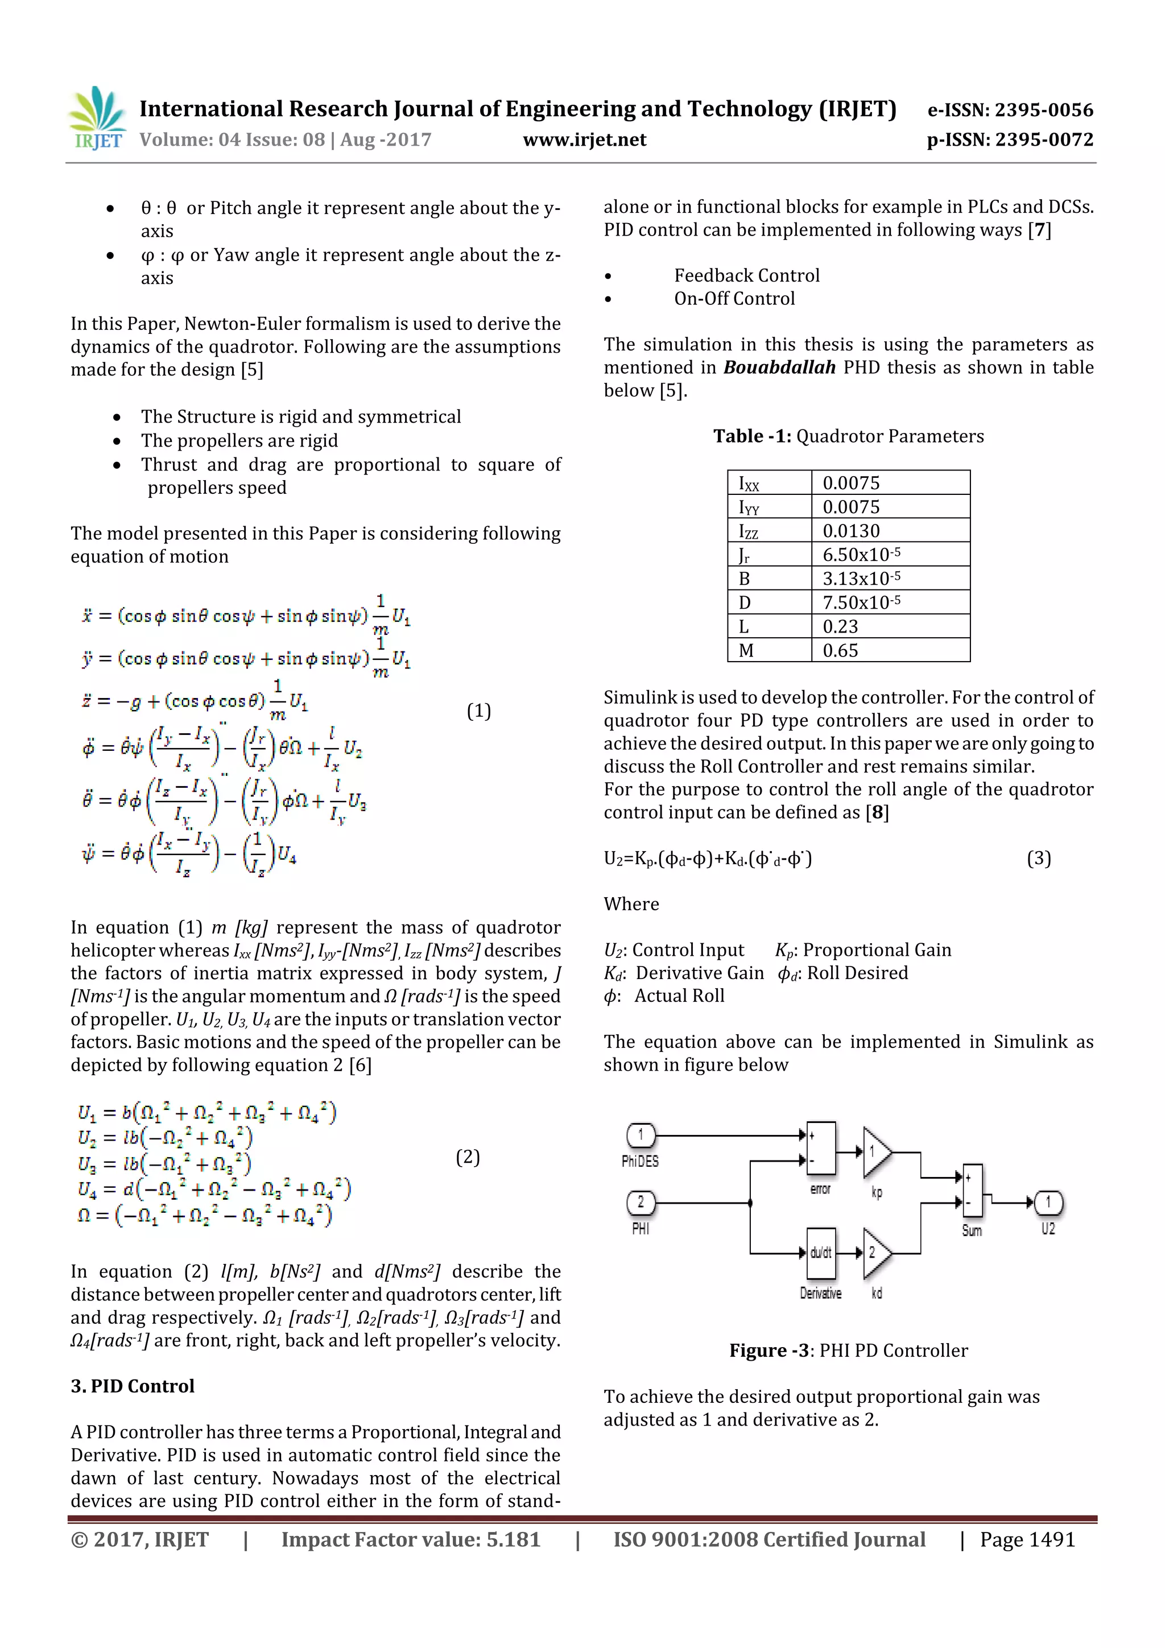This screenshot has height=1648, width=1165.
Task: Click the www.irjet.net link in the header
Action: [x=584, y=140]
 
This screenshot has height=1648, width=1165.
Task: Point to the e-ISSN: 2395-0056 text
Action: [x=1010, y=110]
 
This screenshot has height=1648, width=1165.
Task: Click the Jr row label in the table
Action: [x=745, y=555]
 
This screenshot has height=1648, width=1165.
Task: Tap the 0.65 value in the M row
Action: [x=841, y=650]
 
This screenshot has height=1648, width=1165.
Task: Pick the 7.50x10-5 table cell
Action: [x=861, y=602]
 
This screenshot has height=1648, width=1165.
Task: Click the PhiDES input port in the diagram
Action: [x=641, y=1135]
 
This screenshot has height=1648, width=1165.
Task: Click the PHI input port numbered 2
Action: [x=641, y=1202]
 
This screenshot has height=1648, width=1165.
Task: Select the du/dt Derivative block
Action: [x=820, y=1253]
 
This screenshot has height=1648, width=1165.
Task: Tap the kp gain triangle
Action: [x=875, y=1152]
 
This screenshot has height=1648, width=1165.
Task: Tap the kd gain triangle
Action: [x=875, y=1253]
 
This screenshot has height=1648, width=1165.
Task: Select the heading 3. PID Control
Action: [x=133, y=1386]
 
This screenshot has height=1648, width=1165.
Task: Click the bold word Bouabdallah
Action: [x=779, y=367]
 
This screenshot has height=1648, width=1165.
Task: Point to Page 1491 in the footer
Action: [x=1027, y=1539]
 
